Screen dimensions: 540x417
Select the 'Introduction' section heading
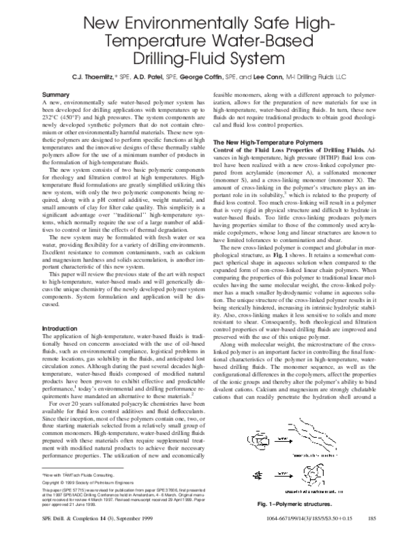[x=60, y=328]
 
